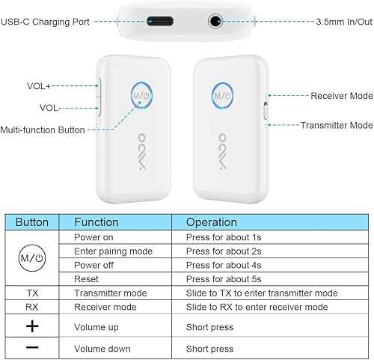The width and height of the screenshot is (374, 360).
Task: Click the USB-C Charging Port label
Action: click(46, 22)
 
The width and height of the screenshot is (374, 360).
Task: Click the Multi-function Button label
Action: click(43, 129)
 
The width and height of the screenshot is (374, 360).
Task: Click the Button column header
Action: click(31, 222)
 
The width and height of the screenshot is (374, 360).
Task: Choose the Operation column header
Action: click(211, 222)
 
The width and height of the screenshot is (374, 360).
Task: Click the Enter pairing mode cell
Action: click(113, 251)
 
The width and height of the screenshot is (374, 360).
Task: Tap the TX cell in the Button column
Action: click(31, 293)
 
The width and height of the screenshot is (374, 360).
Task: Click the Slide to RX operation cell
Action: click(257, 307)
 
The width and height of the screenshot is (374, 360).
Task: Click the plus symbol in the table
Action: click(31, 326)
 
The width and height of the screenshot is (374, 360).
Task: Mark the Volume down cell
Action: click(102, 349)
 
